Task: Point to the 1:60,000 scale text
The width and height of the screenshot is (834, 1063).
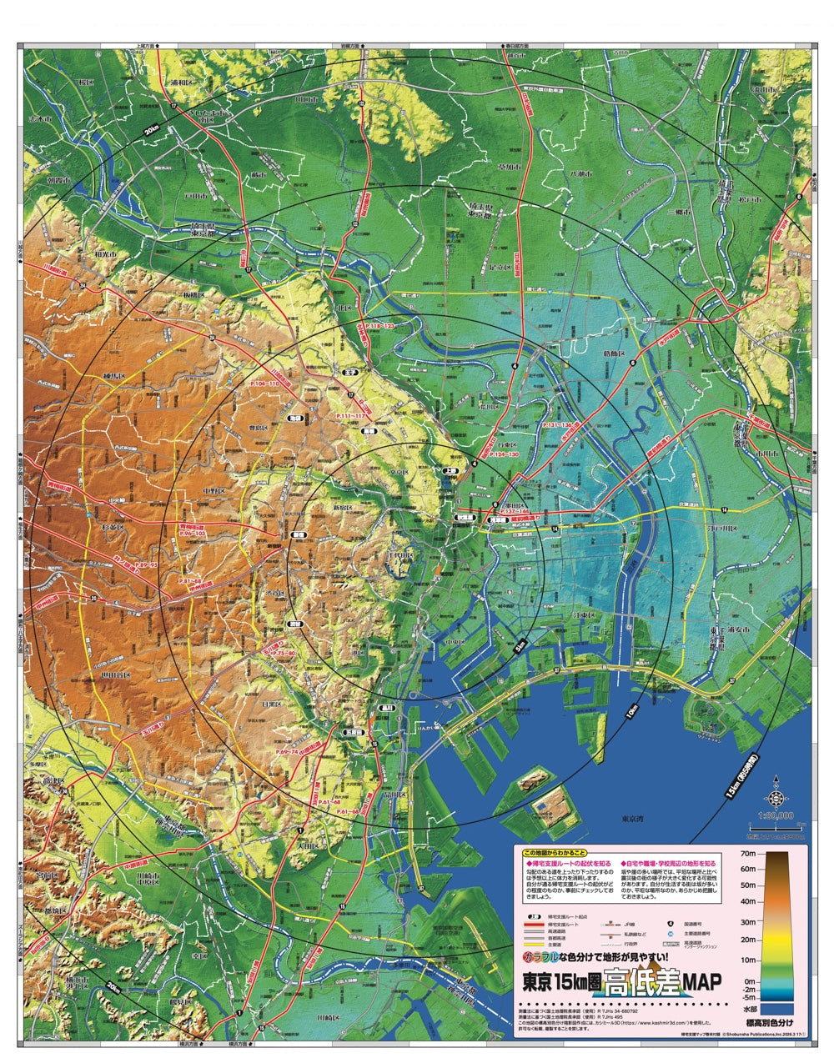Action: coord(776,815)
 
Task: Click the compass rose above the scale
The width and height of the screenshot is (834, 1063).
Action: coord(776,787)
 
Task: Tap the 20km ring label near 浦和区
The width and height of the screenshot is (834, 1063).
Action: coord(151,131)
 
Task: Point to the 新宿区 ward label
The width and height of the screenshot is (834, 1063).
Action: coord(344,506)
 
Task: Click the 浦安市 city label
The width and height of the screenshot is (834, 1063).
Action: coord(727,631)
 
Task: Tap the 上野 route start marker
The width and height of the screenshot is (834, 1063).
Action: coord(451,472)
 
